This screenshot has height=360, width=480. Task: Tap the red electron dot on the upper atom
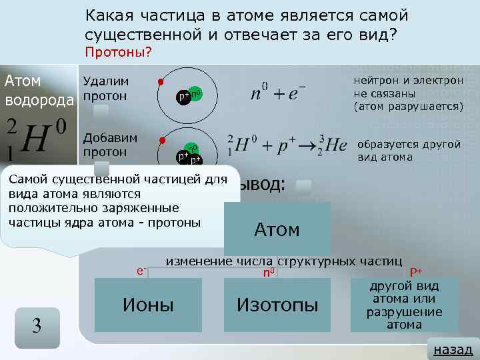pyautogui.click(x=160, y=82)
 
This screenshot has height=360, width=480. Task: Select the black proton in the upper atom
pyautogui.click(x=182, y=97)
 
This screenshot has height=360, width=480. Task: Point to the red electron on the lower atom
pyautogui.click(x=161, y=141)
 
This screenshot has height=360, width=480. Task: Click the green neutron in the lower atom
pyautogui.click(x=192, y=148)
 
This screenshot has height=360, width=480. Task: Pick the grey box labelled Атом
pyautogui.click(x=277, y=229)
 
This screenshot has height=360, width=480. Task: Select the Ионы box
pyautogui.click(x=148, y=305)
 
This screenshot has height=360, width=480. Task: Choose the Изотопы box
pyautogui.click(x=277, y=305)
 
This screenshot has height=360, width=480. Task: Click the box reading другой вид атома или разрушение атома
pyautogui.click(x=404, y=305)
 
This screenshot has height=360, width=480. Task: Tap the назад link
pyautogui.click(x=453, y=349)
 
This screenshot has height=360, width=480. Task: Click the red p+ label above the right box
pyautogui.click(x=416, y=271)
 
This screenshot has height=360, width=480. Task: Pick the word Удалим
pyautogui.click(x=105, y=81)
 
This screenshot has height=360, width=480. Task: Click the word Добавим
pyautogui.click(x=109, y=137)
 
